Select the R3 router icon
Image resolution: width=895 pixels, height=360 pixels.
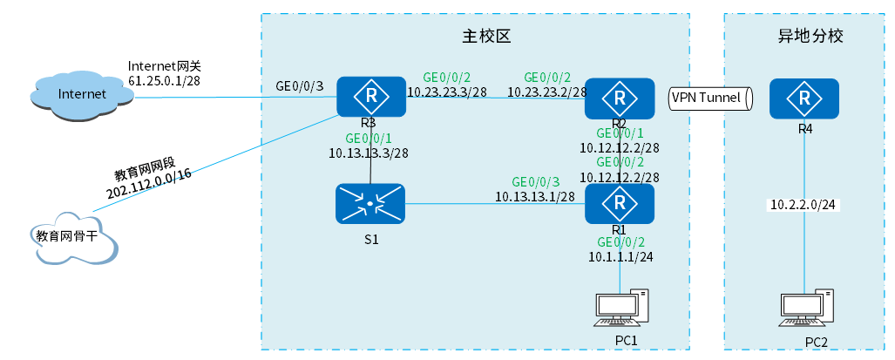point(372,97)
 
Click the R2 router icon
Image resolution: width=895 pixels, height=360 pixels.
point(620,98)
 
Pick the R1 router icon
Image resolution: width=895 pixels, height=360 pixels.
point(620,204)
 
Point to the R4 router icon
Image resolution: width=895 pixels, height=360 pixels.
point(803,99)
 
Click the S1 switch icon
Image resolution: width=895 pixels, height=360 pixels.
point(370,205)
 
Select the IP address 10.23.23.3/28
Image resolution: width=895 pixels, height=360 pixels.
point(447,92)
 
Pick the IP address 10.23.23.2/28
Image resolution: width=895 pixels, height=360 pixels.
point(547,92)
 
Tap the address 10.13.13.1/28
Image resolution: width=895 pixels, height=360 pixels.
point(535,197)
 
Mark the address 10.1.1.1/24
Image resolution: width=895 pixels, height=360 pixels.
point(620,256)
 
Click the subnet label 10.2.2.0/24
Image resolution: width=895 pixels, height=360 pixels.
point(803,206)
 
